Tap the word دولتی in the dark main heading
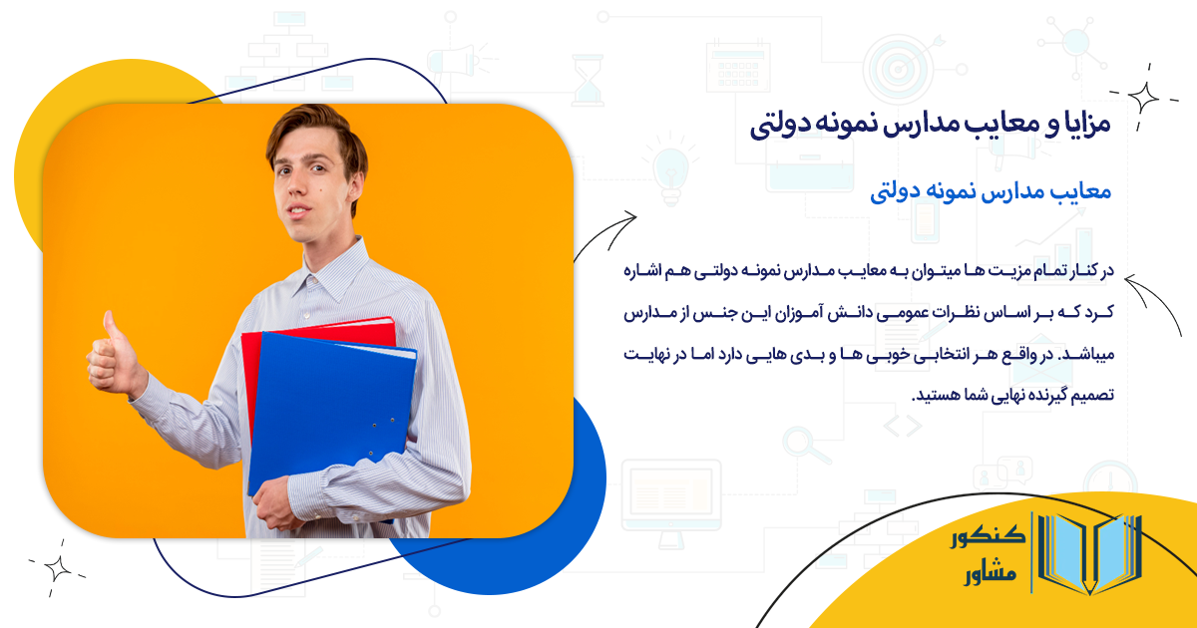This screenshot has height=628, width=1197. (x=789, y=127)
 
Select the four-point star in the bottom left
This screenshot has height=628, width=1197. (x=57, y=567)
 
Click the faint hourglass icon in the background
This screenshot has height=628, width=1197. (x=588, y=80)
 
